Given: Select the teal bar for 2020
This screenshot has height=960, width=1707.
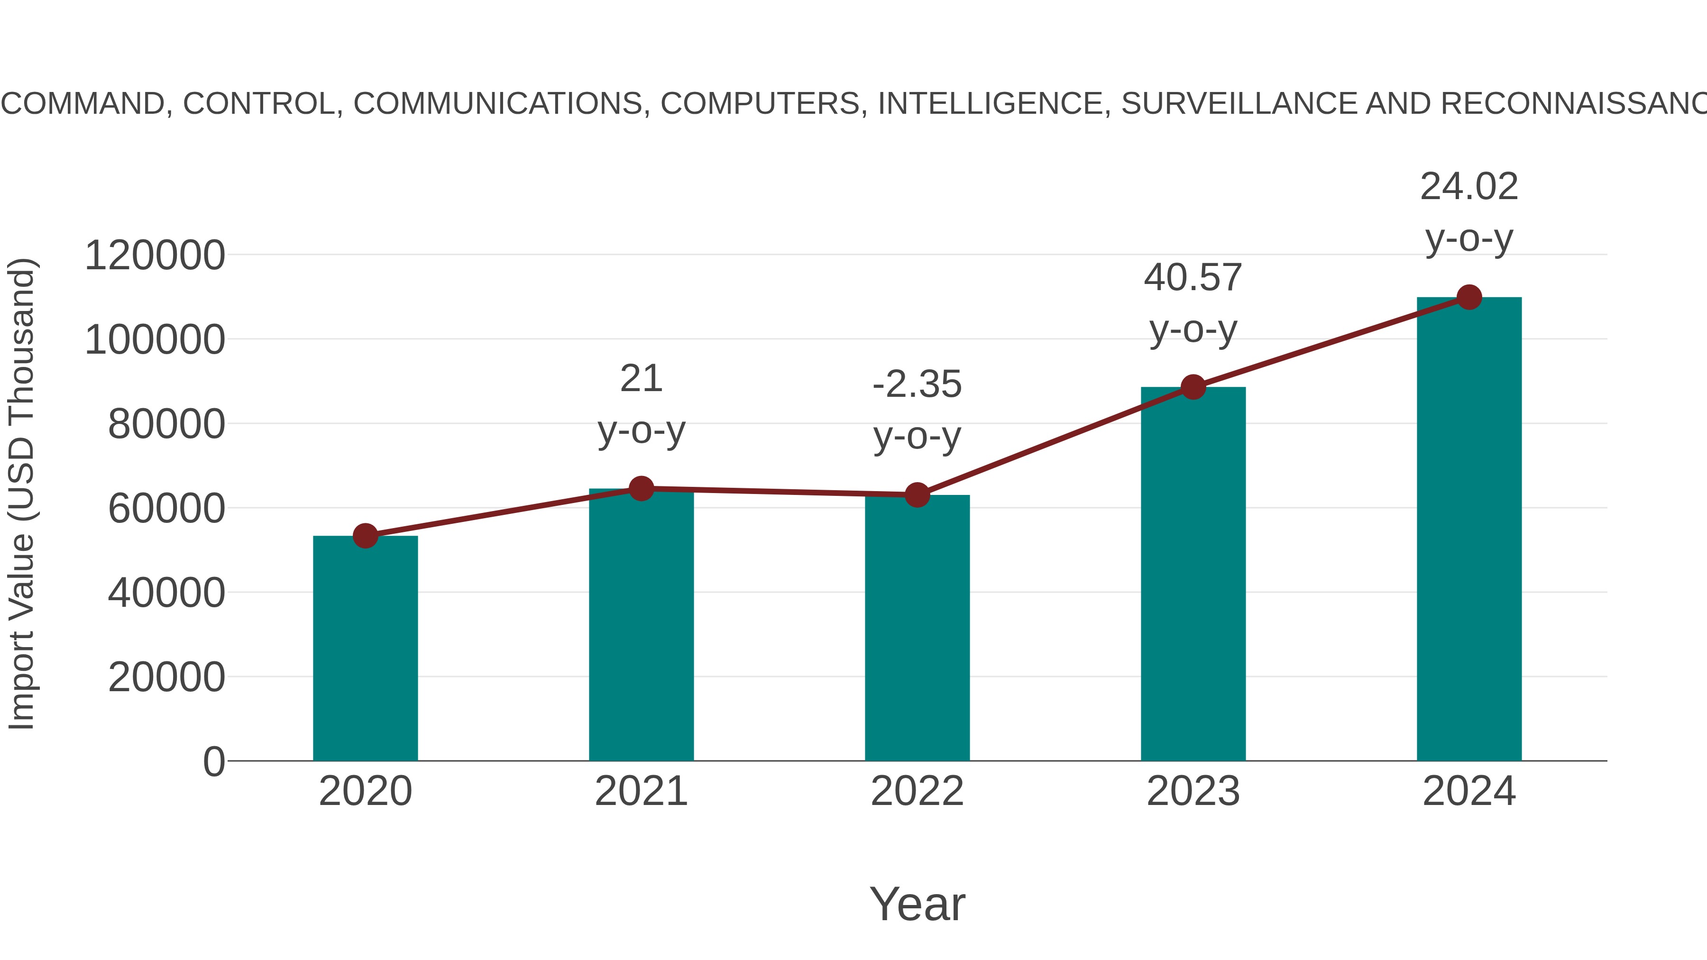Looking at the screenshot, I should point(365,649).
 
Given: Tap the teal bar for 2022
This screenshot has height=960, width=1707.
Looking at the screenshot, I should point(917,630).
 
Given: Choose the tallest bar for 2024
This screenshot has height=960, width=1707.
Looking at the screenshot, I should point(1469,530).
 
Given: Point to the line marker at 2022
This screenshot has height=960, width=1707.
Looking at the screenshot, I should point(917,495).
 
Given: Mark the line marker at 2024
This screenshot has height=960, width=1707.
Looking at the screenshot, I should point(1469,297).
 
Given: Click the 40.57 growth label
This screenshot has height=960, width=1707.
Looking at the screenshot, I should point(1193,278).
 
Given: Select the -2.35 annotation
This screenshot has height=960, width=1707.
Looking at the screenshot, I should point(917,385).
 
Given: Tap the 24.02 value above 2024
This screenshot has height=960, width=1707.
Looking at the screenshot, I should point(1469,187).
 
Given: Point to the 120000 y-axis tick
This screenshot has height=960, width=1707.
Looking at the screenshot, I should point(155,256).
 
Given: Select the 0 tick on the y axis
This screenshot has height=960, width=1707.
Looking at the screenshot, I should point(213,762).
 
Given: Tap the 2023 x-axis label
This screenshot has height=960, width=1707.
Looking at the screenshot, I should point(1193,792).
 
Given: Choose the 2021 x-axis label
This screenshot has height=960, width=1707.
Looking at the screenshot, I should point(641,792).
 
